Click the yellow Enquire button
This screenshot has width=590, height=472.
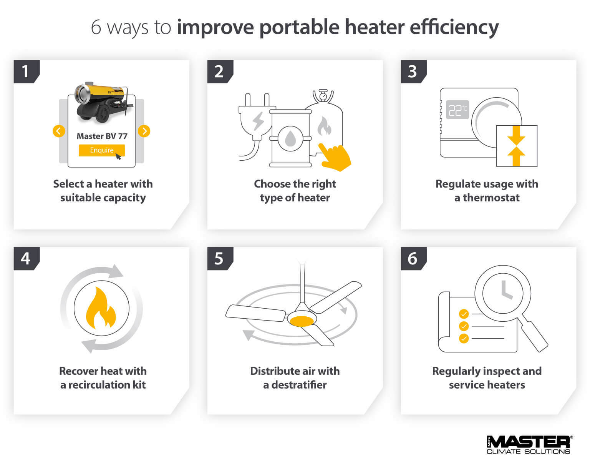[101, 150]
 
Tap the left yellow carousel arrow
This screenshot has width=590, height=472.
[58, 131]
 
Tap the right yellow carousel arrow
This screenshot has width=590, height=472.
[144, 131]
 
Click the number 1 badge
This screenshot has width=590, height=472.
[25, 71]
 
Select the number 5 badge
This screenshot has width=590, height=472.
[219, 259]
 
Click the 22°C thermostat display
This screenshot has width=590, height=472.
[457, 110]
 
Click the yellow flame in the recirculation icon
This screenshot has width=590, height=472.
[101, 309]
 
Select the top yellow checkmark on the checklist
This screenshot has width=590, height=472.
[464, 314]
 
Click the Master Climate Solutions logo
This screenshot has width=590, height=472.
[529, 445]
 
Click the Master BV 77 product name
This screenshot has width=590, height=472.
[102, 136]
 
